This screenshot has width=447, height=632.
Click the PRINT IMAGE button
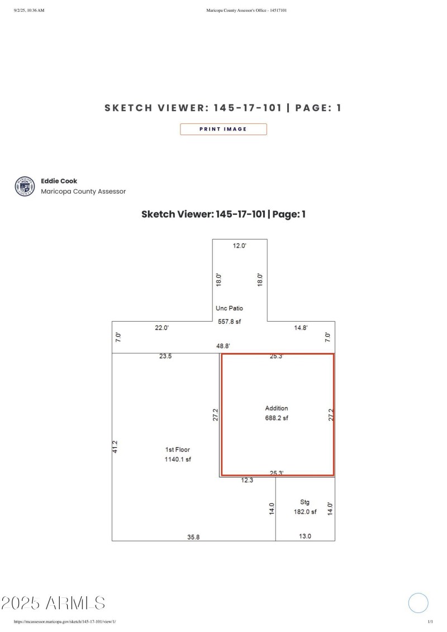click(x=223, y=129)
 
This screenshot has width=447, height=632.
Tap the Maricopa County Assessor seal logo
click(x=25, y=186)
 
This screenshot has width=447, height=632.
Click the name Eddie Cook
click(x=59, y=181)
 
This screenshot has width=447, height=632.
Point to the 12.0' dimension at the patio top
click(x=239, y=246)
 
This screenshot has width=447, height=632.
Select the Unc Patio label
click(x=229, y=308)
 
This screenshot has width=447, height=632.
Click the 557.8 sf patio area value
click(x=229, y=321)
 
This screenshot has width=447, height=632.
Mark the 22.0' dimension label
click(x=161, y=328)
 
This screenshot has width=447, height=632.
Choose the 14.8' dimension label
click(x=301, y=328)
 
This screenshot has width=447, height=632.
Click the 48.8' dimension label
click(x=223, y=346)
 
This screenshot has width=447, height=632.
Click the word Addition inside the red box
click(x=277, y=408)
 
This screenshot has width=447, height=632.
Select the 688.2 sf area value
click(x=277, y=418)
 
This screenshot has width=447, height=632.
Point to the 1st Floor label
click(x=177, y=449)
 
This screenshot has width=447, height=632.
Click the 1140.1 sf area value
click(x=177, y=459)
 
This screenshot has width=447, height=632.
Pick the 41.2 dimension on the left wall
click(x=115, y=447)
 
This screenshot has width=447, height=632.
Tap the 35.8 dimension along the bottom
click(x=193, y=537)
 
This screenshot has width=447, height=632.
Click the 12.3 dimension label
click(x=248, y=480)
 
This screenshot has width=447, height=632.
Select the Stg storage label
click(x=305, y=502)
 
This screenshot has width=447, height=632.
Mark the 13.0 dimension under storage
click(x=305, y=536)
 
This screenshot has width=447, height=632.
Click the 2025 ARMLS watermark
click(x=53, y=603)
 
